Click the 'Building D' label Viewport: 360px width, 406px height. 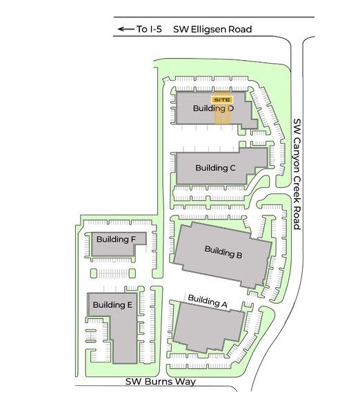212,109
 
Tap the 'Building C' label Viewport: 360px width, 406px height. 216,168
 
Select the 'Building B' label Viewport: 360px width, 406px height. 223,252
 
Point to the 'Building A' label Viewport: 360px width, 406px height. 207,300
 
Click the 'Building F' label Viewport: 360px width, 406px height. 116,240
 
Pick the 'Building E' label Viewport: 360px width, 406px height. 112,304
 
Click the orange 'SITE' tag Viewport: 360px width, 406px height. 221,99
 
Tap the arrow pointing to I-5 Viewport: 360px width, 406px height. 125,29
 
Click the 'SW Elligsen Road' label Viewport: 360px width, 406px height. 212,29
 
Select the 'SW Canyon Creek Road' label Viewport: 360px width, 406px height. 298,174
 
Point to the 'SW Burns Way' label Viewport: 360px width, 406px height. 161,382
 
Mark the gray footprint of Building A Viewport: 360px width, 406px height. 207,330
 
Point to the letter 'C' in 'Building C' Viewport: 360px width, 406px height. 233,168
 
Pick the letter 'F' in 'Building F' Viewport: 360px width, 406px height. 133,240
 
